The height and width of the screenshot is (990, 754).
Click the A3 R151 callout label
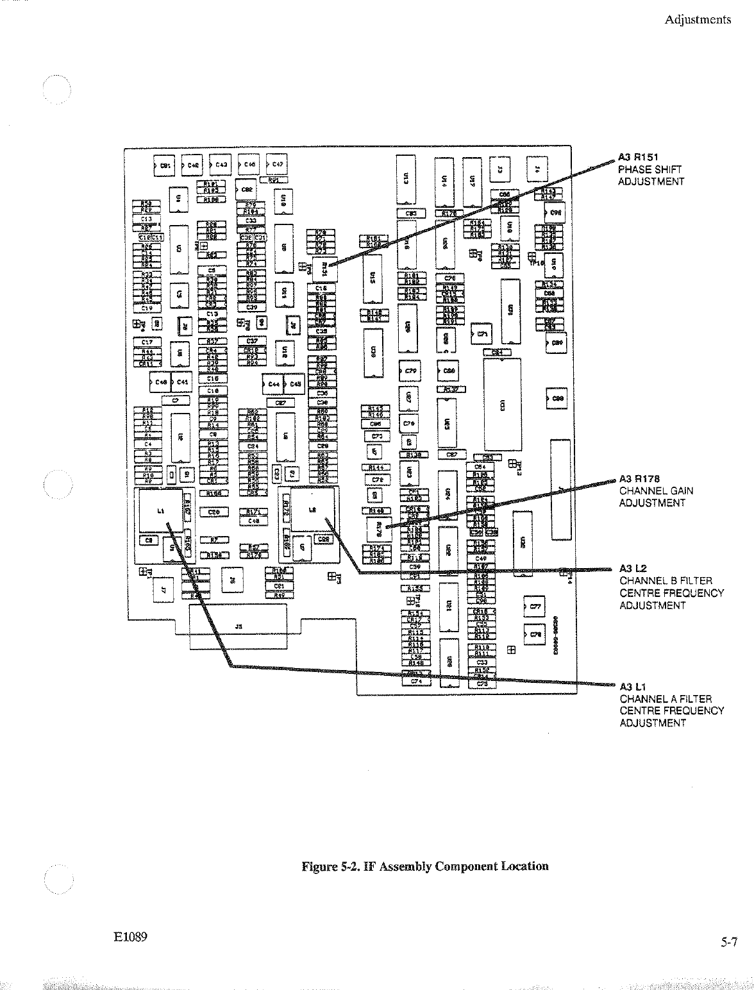[x=639, y=157]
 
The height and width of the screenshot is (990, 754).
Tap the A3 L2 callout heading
[x=633, y=569]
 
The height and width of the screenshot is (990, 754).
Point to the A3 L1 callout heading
[x=633, y=687]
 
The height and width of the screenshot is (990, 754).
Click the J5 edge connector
[x=239, y=627]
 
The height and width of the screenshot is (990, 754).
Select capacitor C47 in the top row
[x=277, y=165]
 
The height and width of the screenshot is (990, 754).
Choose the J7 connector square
[x=163, y=590]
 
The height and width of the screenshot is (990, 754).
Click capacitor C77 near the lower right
[x=535, y=606]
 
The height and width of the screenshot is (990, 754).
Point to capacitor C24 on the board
[x=253, y=446]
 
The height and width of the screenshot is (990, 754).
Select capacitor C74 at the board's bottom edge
[x=416, y=682]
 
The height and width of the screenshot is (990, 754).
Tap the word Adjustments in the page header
[x=698, y=19]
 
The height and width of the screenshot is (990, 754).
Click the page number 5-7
[x=729, y=942]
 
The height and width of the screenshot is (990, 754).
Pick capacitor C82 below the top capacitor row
[x=246, y=190]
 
